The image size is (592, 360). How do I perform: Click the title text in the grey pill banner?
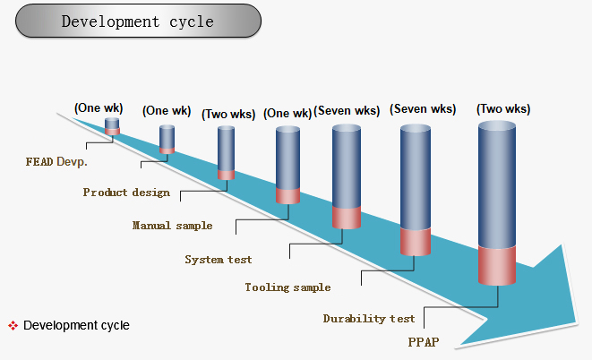coord(137,21)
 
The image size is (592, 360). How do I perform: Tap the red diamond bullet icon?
coord(13,325)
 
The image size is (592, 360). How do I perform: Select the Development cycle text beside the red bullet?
coord(76,325)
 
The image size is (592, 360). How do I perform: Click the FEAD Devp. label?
coord(56,162)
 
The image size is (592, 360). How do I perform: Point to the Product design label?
coord(126,193)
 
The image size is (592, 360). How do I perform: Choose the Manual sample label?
coord(172,226)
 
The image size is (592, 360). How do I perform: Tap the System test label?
coord(219,260)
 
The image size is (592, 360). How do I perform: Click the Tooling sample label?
coord(287,287)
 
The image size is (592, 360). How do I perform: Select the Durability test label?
coord(369,319)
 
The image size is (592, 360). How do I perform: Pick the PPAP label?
coord(424,342)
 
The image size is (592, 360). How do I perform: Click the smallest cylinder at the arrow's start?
coord(112,126)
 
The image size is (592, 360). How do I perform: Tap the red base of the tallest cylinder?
coord(497,265)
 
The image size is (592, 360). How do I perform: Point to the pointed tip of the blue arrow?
coord(578,322)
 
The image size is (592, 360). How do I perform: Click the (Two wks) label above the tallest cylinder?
coord(503,109)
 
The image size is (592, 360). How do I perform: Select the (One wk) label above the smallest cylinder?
coord(99,108)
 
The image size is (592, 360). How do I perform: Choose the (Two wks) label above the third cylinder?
coord(228,114)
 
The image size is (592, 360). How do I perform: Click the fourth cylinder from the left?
coord(287,166)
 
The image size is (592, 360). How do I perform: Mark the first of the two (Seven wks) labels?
coord(347,111)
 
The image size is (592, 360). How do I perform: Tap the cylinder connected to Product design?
coord(167,139)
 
